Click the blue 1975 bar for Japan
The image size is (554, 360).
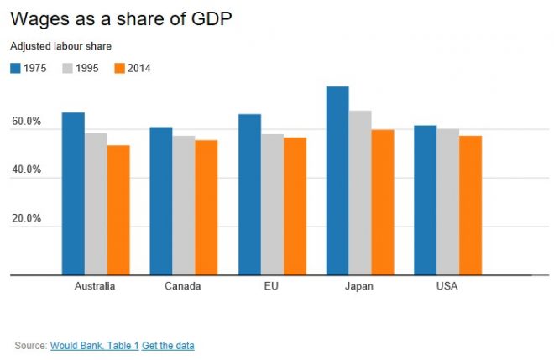337,180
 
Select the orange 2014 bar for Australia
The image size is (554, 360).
118,210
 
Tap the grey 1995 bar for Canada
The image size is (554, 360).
184,205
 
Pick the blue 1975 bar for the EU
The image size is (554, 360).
249,194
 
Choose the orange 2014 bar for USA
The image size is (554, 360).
471,205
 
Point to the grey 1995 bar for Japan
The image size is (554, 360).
360,192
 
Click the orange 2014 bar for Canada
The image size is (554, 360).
206,207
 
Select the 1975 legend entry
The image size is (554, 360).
29,68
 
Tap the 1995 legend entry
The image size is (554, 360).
81,68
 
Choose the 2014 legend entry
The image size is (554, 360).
132,68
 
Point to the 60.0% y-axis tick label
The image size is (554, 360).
26,123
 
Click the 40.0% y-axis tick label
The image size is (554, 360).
26,171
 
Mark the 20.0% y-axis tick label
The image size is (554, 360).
26,219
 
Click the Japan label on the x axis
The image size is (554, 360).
359,286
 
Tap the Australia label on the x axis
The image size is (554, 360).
95,286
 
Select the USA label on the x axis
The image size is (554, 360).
447,286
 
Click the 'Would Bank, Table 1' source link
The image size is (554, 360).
95,345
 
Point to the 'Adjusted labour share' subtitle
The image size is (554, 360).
60,46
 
